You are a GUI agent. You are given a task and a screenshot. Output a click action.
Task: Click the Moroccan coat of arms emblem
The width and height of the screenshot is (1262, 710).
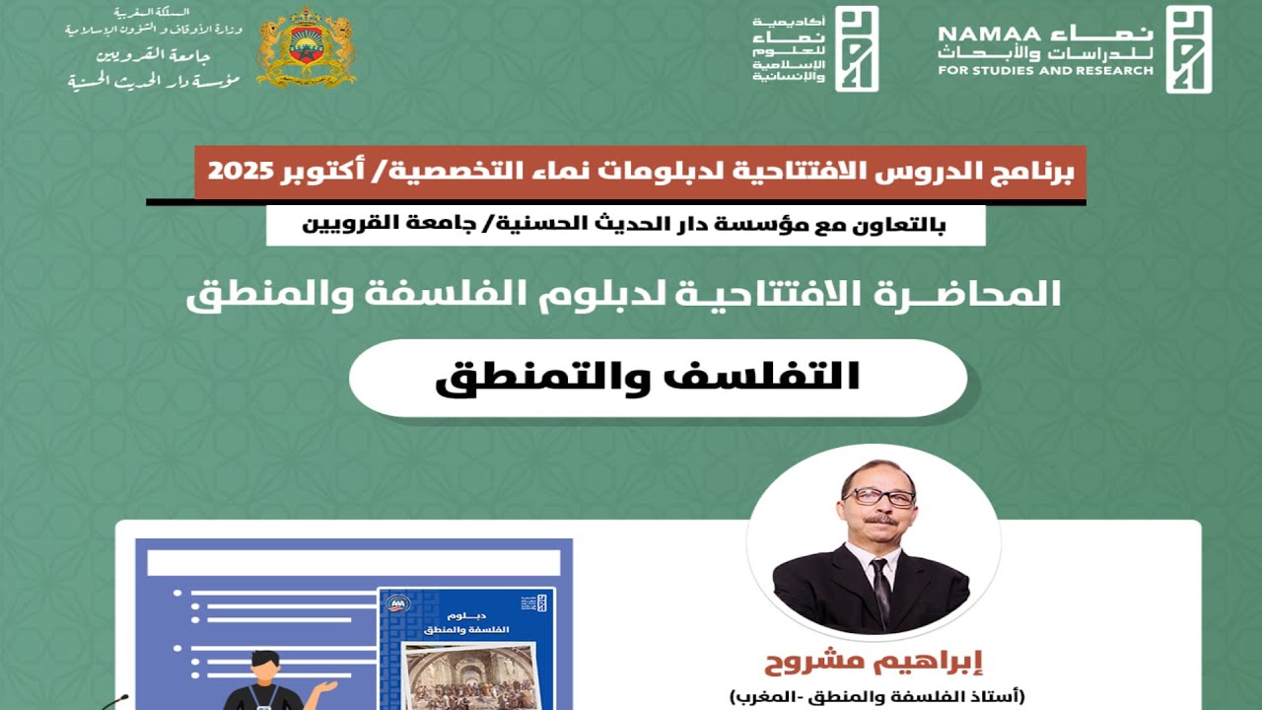pyautogui.click(x=305, y=47)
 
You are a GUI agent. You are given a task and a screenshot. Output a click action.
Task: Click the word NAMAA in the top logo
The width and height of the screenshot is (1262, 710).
pyautogui.click(x=977, y=34)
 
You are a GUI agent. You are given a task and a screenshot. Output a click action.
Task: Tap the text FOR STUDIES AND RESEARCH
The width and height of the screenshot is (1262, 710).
pyautogui.click(x=1045, y=71)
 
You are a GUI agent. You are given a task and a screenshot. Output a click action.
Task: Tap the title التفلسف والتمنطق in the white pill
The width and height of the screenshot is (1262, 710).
pyautogui.click(x=648, y=378)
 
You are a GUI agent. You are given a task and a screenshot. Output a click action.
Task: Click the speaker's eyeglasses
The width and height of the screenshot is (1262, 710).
pyautogui.click(x=879, y=497)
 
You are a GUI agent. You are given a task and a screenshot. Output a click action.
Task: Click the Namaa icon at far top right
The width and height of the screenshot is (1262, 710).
pyautogui.click(x=1188, y=48)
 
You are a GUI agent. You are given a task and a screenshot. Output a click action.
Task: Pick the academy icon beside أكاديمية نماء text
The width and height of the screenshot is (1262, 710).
pyautogui.click(x=856, y=48)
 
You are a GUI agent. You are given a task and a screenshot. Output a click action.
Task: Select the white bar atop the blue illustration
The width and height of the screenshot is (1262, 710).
pyautogui.click(x=353, y=562)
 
